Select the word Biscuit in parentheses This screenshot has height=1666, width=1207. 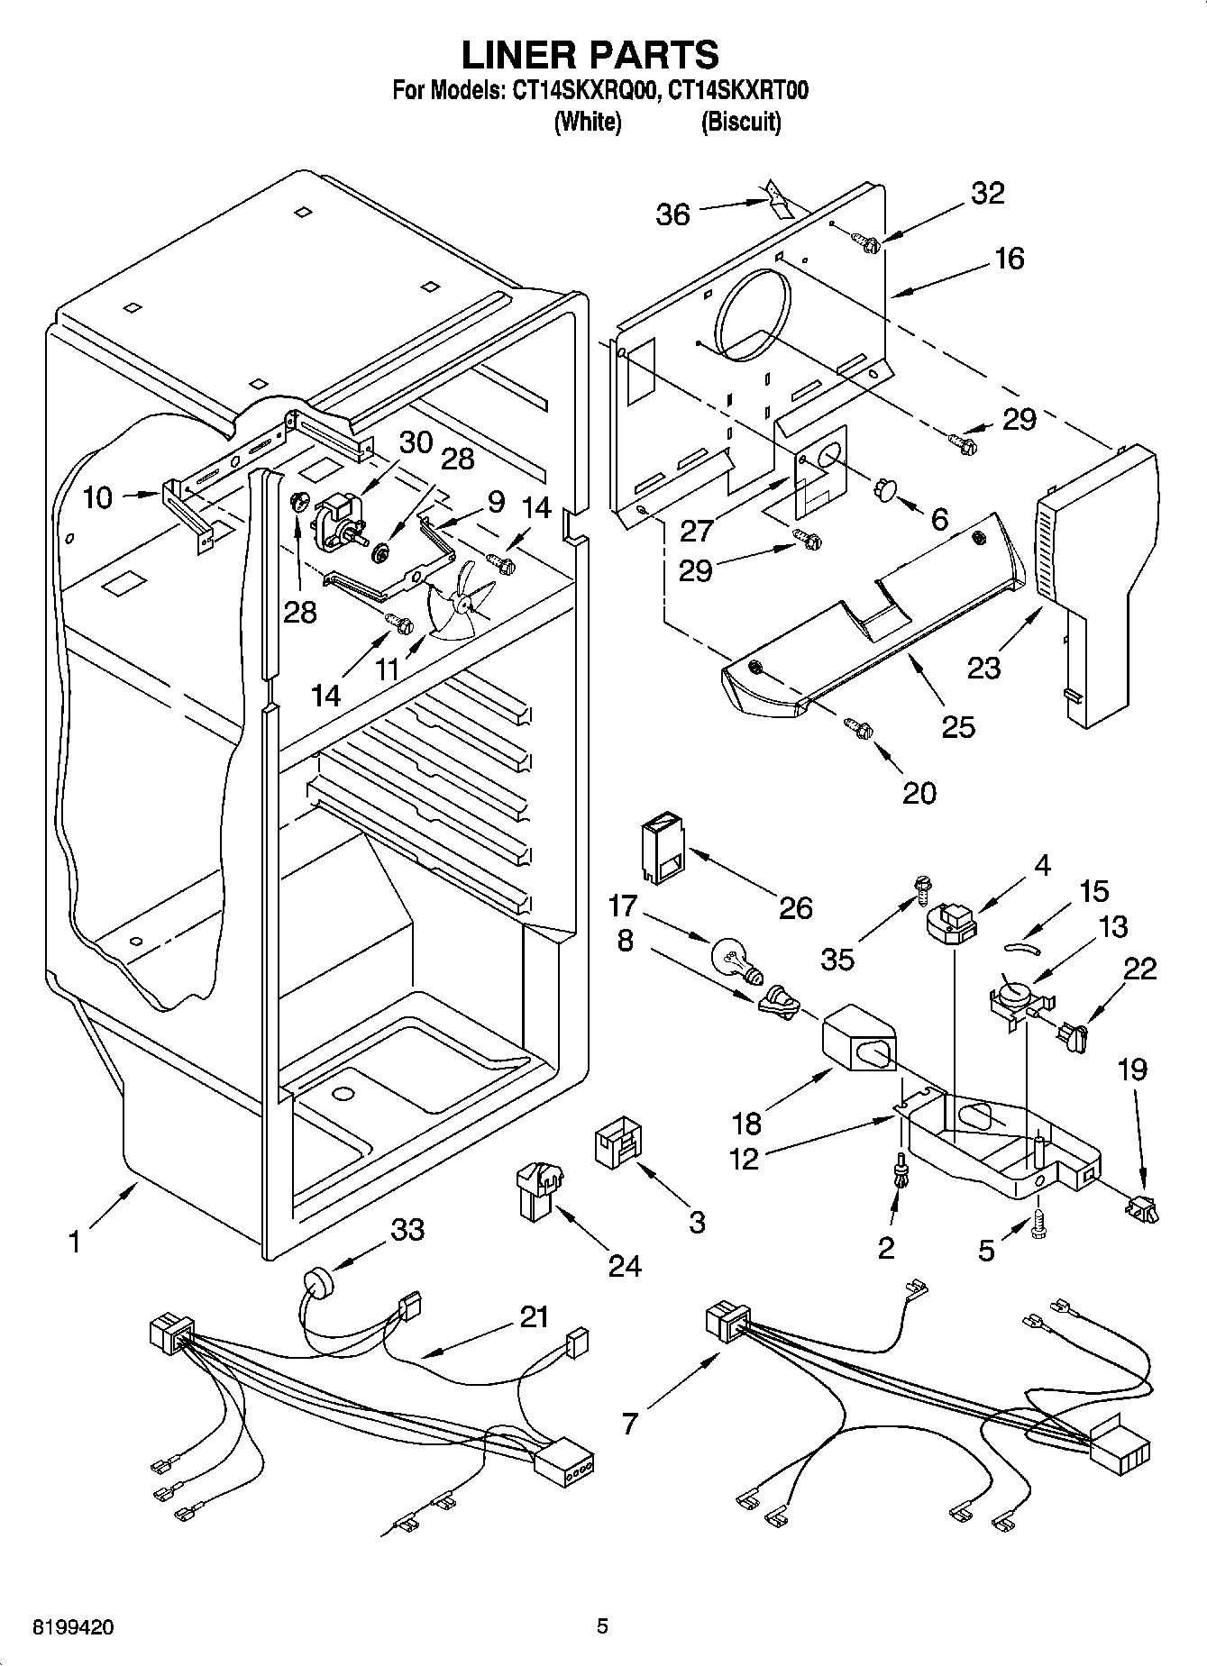pos(741,122)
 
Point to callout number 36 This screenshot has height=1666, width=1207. pos(672,214)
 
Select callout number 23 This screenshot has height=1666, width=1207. pos(983,667)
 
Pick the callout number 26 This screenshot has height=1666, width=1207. pos(795,906)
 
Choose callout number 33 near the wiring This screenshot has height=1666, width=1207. pos(407,1228)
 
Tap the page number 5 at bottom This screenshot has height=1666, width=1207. pos(602,1626)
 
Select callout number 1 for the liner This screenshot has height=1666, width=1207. pos(74,1243)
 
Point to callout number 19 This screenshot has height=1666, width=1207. pos(1133,1070)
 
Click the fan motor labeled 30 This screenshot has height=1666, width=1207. pos(334,525)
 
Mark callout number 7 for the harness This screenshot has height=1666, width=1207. pos(629,1423)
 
